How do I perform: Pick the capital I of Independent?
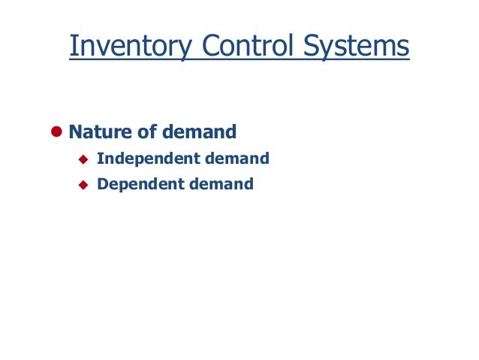tap(100, 159)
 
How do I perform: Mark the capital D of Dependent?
tap(103, 183)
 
